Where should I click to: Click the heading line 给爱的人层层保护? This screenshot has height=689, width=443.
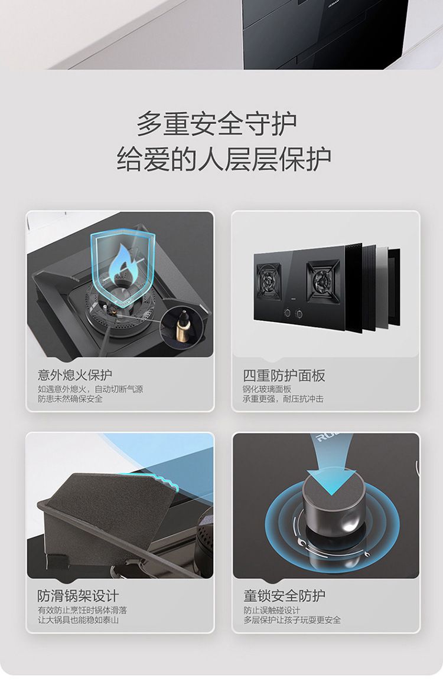click(x=223, y=159)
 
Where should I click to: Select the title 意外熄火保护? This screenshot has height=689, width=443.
click(x=75, y=375)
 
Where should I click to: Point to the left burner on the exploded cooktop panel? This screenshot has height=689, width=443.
click(x=268, y=281)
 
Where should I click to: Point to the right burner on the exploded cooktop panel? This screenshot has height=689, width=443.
click(x=323, y=281)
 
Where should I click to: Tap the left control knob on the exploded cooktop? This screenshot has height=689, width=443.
click(x=287, y=313)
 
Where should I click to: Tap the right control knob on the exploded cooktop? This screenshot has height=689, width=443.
click(x=299, y=314)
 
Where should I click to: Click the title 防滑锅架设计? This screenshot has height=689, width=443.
click(x=78, y=596)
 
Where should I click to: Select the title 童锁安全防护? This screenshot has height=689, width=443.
click(x=285, y=596)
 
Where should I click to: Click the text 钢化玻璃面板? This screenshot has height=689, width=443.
click(x=267, y=389)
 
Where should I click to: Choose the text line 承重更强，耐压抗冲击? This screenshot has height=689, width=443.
click(x=284, y=399)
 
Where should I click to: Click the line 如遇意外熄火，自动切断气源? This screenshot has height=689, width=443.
click(x=90, y=389)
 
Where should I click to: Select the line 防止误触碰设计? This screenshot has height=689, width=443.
click(x=272, y=611)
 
